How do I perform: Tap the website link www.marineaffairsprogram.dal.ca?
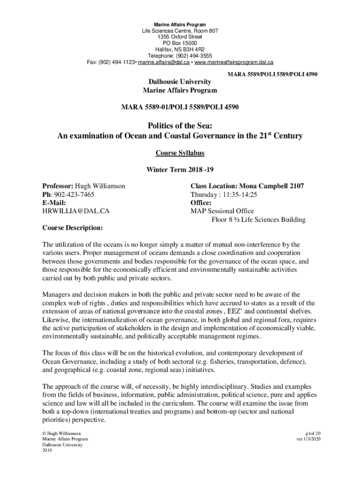[x=234, y=62]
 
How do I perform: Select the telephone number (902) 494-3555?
[x=196, y=55]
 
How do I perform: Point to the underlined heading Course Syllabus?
[x=180, y=153]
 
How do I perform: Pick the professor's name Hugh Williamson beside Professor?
[x=101, y=186]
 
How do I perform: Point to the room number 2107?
[x=295, y=186]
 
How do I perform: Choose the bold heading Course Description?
[x=72, y=228]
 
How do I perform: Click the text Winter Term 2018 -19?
[x=180, y=169]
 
